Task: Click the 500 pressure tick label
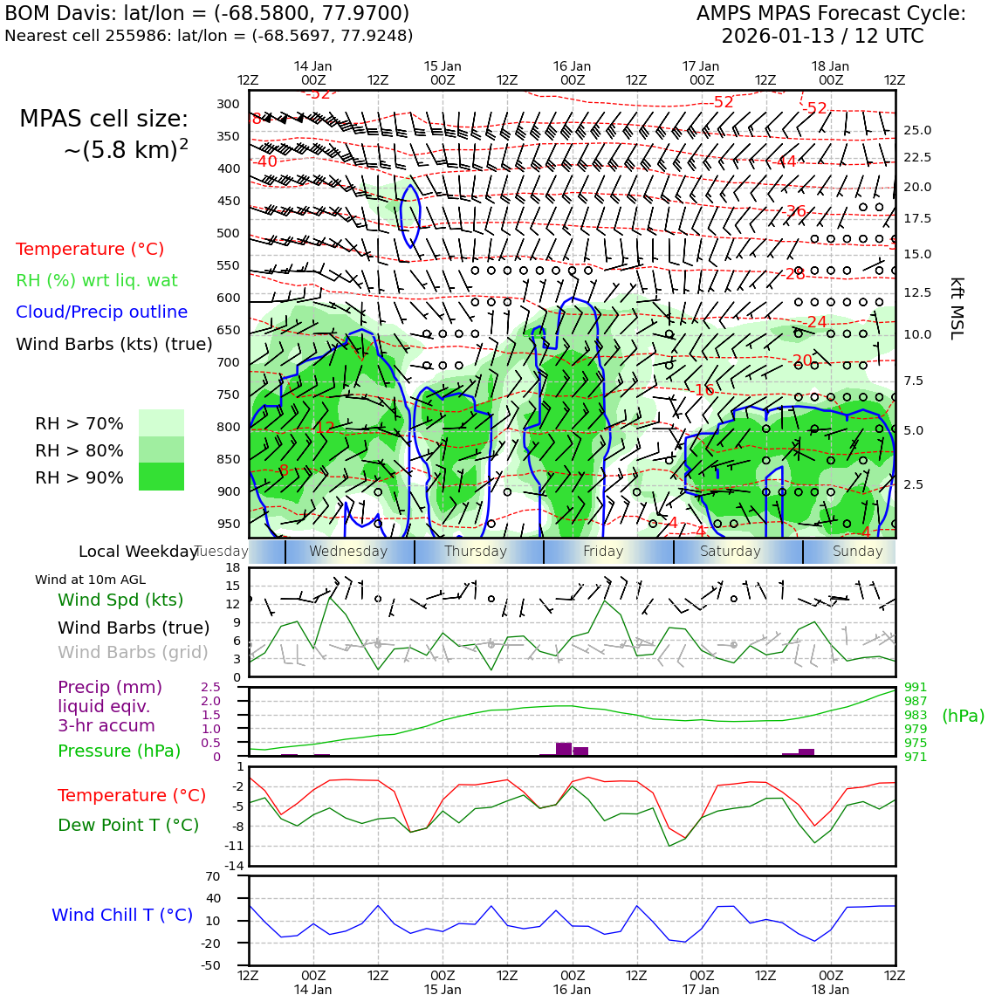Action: (x=228, y=233)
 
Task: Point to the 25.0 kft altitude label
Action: (x=916, y=130)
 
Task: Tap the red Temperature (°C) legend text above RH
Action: (x=90, y=249)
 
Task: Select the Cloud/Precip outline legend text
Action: (x=101, y=312)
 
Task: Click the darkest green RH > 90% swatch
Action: (x=161, y=477)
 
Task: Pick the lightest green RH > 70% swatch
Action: (x=161, y=422)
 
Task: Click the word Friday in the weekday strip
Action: (x=603, y=552)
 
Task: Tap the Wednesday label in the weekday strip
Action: (x=348, y=552)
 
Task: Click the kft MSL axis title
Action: (x=957, y=308)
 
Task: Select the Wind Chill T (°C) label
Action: (x=122, y=915)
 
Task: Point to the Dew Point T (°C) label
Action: (x=128, y=825)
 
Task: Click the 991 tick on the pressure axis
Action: (x=916, y=687)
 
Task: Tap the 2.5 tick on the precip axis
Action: (x=211, y=687)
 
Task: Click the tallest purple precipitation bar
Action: (x=564, y=749)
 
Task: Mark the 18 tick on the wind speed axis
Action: (x=233, y=567)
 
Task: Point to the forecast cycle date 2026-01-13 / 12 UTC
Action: (x=822, y=37)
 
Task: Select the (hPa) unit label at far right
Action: (x=963, y=716)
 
